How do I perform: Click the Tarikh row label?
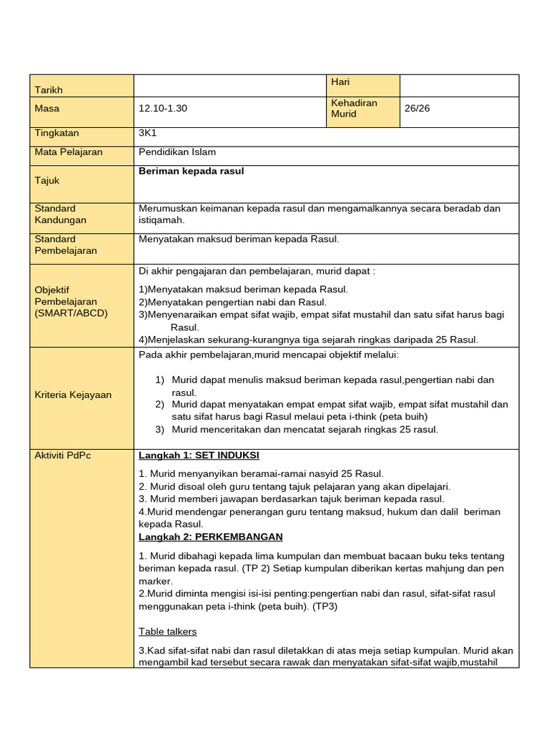pos(49,90)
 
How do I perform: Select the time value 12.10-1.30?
pos(163,109)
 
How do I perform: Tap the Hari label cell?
pos(340,83)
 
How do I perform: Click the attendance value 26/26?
pos(417,109)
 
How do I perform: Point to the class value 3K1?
pos(147,134)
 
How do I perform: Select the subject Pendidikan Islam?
pos(177,152)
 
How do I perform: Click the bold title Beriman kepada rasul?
pos(191,172)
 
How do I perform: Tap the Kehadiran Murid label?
pos(354,109)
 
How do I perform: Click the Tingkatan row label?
pos(56,134)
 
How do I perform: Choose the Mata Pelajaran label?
pos(69,152)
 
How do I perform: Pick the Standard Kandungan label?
pos(60,214)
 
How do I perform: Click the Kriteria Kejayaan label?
pos(73,395)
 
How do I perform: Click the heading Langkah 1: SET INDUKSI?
pos(199,455)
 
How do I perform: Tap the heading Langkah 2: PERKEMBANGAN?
pos(211,537)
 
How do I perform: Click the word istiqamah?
pos(161,221)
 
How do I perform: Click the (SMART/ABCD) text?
pos(71,313)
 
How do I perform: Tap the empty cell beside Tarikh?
pos(229,85)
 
